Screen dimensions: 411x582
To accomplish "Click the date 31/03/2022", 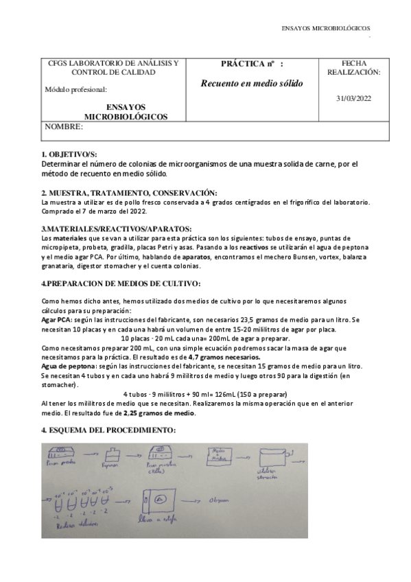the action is [x=353, y=98].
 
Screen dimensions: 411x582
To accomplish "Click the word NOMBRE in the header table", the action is [x=69, y=128].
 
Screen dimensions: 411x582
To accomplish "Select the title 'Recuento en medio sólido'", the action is [x=251, y=84].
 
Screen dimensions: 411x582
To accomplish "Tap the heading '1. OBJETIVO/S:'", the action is [x=69, y=155].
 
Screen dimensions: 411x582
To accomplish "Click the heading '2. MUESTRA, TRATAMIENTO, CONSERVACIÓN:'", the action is [x=129, y=192].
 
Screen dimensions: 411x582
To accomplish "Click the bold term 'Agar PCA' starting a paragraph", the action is [x=56, y=320].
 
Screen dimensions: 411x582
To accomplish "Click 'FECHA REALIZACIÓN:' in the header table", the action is [x=353, y=67].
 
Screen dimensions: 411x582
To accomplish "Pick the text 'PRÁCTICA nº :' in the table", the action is [x=252, y=63].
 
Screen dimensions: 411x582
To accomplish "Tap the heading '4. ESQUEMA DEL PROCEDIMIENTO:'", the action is [x=108, y=430].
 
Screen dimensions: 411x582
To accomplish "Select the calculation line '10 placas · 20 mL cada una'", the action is [x=204, y=339].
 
